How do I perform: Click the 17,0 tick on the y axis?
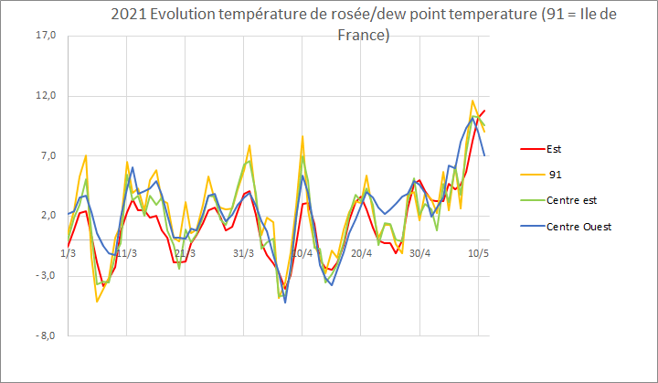tap(45, 36)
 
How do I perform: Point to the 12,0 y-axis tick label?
tap(45, 96)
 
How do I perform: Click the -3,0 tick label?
tap(45, 276)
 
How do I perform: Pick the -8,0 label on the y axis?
tap(45, 335)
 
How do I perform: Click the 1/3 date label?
tap(68, 252)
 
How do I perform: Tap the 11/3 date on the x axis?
tap(126, 252)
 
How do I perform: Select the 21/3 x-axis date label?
tap(186, 252)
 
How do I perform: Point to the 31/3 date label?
tap(244, 252)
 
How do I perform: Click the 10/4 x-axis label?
tap(302, 252)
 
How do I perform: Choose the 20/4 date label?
tap(361, 252)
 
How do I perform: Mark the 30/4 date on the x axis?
tap(419, 252)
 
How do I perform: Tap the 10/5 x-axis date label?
tap(478, 252)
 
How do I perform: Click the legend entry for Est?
tap(556, 148)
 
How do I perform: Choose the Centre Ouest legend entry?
tap(578, 226)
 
